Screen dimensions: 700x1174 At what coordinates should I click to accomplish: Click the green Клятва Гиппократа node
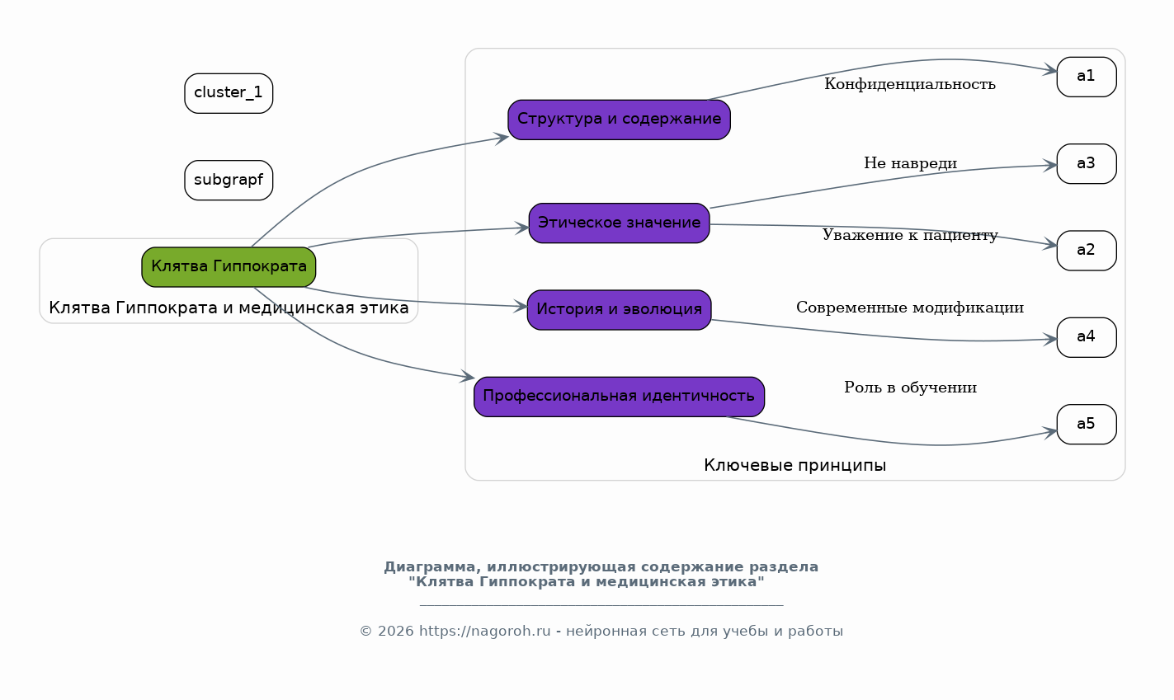(229, 267)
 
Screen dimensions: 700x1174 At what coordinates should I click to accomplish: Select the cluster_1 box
(229, 93)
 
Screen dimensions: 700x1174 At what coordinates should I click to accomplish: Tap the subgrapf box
(229, 180)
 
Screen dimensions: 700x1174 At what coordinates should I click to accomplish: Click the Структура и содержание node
(619, 120)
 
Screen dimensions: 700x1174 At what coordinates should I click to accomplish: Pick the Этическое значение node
(619, 223)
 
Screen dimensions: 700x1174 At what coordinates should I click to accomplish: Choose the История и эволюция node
(619, 309)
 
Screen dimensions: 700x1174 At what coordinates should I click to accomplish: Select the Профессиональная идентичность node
(619, 397)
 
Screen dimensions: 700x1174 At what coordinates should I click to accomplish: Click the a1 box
(1086, 77)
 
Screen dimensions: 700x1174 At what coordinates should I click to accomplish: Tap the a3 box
(1086, 163)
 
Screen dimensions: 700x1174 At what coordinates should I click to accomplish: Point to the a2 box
(1086, 250)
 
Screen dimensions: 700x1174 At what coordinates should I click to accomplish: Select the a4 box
(1086, 337)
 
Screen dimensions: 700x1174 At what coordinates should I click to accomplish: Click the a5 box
(1086, 424)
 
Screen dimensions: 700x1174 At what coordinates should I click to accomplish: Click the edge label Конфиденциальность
(909, 84)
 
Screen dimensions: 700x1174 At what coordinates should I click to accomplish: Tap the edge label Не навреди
(910, 163)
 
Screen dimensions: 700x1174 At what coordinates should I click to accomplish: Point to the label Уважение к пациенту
(909, 236)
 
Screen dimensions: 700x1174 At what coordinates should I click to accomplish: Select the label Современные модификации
(909, 308)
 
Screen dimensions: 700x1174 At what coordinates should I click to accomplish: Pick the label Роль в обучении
(910, 388)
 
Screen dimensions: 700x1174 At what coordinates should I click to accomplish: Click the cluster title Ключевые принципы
(794, 466)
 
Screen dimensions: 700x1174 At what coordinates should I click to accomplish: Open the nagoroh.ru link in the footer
(484, 632)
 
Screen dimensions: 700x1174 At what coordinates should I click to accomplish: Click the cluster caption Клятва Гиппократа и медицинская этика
(229, 308)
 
